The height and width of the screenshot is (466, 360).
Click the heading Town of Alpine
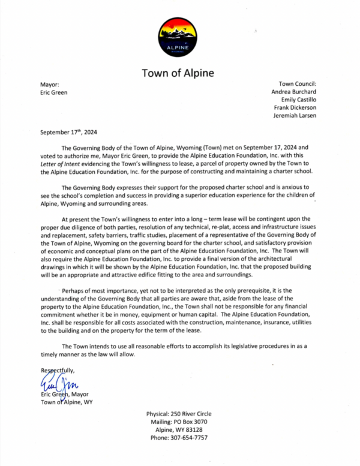(178, 74)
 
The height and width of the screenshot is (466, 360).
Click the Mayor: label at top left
(50, 84)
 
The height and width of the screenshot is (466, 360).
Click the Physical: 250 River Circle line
(178, 414)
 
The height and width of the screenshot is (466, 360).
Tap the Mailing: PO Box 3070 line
(178, 422)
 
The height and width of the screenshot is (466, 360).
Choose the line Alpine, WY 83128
(178, 430)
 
